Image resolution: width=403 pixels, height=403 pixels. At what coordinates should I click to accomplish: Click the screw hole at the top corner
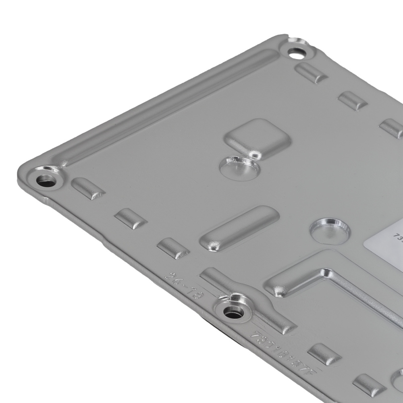297,52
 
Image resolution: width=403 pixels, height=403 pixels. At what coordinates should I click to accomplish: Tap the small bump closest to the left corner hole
88,188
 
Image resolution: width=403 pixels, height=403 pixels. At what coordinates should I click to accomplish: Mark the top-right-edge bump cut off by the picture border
393,128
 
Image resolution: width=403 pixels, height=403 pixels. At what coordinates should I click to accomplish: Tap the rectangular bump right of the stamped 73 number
324,354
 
